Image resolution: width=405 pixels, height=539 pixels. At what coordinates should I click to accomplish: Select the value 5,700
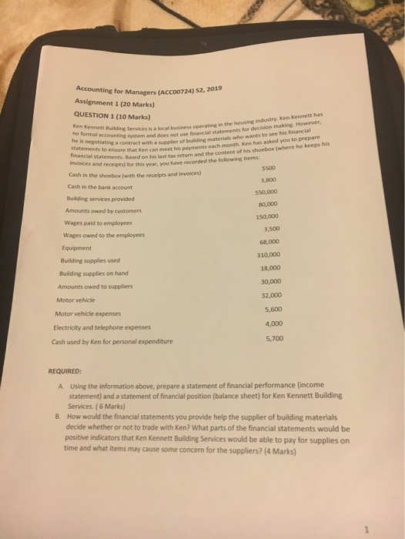pos(273,337)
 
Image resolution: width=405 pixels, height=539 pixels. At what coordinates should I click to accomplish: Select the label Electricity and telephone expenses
pos(105,326)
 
